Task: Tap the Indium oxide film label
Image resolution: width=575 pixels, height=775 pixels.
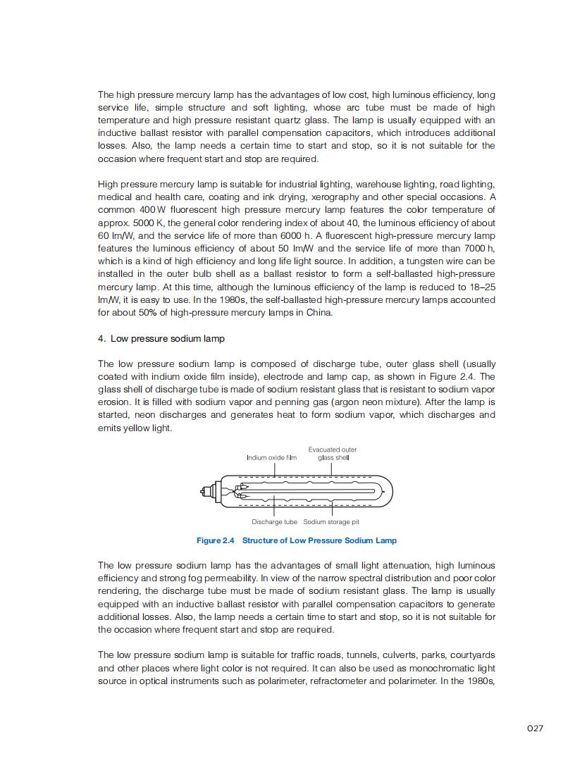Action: click(x=271, y=457)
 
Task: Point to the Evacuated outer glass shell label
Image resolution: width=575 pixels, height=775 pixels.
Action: click(x=333, y=453)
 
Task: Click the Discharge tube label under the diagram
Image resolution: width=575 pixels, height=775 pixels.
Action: click(x=274, y=522)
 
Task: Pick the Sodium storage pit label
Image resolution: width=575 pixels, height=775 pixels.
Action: click(x=331, y=522)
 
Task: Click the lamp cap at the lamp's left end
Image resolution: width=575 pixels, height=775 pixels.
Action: click(x=207, y=491)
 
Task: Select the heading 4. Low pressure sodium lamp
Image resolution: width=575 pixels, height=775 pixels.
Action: click(x=161, y=338)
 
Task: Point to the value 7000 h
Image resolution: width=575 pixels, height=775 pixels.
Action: click(x=481, y=248)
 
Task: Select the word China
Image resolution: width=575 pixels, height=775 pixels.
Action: click(x=318, y=312)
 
